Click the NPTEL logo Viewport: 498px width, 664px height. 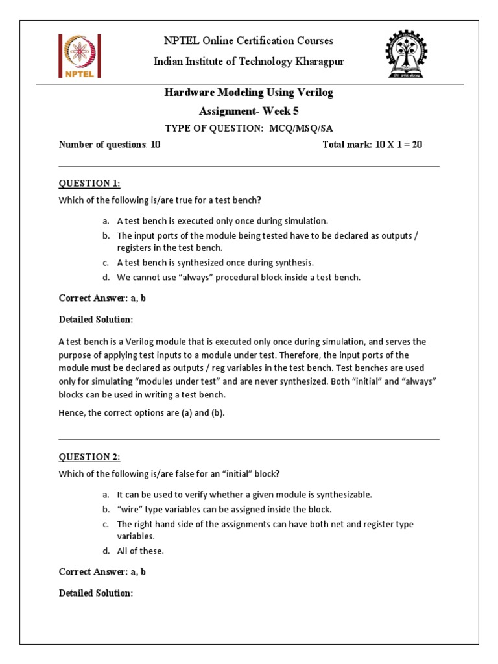click(79, 56)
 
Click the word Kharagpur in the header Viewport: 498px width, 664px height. click(311, 62)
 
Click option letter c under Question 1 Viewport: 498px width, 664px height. click(105, 263)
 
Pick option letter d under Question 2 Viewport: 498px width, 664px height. click(105, 551)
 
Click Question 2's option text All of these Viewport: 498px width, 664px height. click(140, 551)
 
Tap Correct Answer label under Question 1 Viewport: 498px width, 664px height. click(90, 298)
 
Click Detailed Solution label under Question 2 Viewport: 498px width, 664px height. click(95, 593)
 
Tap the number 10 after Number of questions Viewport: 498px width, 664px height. click(156, 145)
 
